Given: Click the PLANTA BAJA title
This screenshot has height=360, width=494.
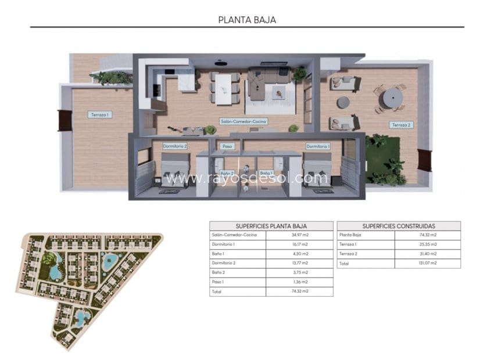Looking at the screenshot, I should coord(247,19).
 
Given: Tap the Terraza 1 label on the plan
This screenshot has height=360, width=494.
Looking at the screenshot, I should coord(100,115).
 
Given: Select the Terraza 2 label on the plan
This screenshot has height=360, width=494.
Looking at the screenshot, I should coord(402,125).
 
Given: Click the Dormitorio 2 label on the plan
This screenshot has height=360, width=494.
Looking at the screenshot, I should coord(174,146).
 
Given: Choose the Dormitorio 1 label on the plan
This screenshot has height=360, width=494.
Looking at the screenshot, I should coord(318,146).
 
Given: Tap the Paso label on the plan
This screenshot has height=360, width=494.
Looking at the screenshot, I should coord(227,146).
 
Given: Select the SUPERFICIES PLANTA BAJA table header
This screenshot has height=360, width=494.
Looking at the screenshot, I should coord(271,226).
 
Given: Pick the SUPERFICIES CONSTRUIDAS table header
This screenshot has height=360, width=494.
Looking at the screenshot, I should coord(399,226).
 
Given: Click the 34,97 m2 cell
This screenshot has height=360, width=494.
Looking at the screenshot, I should coord(300,235).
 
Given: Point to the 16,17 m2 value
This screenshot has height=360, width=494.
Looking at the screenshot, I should coord(300,244).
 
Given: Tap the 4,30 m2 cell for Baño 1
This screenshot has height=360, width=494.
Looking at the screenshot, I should coord(300,254).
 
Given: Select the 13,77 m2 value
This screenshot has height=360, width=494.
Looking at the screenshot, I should coord(300,263).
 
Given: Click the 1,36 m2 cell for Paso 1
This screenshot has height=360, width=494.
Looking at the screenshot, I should coord(300,282).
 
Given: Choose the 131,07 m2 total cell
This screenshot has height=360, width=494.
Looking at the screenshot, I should coord(428,263).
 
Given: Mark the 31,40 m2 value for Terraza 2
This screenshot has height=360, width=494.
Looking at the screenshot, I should coord(428,254).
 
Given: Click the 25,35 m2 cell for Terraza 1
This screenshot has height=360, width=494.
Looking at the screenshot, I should coord(428,244).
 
